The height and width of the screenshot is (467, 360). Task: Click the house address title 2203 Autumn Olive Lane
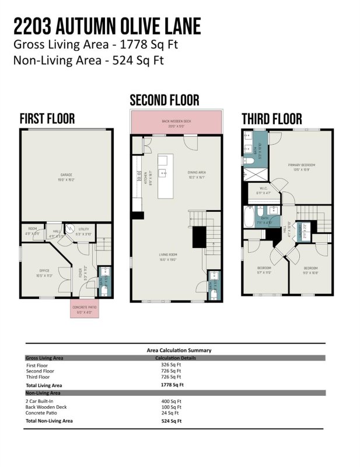point(107,26)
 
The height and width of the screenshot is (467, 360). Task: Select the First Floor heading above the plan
point(47,119)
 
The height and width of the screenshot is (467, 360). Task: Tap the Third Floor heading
point(272,119)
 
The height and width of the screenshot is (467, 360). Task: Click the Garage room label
point(65,177)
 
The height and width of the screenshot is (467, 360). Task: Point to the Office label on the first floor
point(44,271)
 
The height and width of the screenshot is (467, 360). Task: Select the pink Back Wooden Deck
point(176,123)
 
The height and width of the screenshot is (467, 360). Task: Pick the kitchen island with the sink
point(165,173)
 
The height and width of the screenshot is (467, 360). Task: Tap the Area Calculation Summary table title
point(179,350)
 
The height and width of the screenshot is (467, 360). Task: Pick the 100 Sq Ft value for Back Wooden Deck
point(171,407)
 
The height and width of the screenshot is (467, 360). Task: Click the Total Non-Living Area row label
point(50,420)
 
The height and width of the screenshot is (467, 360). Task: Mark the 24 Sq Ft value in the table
point(170,413)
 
